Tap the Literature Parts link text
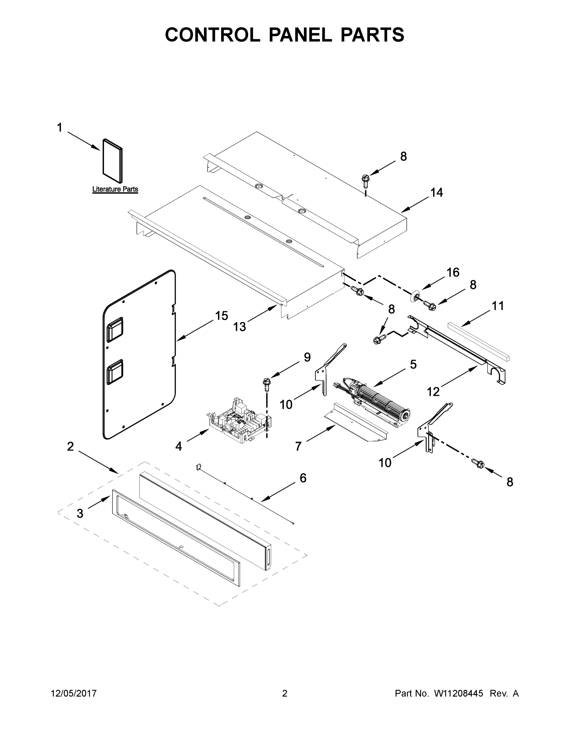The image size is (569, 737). tap(115, 189)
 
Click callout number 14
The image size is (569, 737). tap(436, 193)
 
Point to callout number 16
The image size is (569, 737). tap(453, 272)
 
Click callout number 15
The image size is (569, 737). tap(221, 316)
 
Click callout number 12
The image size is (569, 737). tap(433, 392)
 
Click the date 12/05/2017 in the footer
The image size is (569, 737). tap(74, 693)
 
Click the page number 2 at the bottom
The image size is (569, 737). tap(285, 693)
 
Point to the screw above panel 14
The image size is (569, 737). tap(365, 180)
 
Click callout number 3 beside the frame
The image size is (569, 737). tap(79, 513)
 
